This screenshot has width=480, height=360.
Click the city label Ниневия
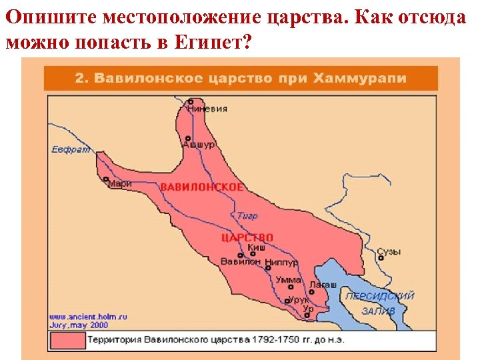(x=207, y=109)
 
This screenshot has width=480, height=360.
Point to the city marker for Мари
(x=106, y=179)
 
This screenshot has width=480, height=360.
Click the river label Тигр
(x=247, y=216)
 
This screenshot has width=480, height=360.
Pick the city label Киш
(x=257, y=247)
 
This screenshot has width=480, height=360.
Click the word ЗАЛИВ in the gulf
(x=378, y=311)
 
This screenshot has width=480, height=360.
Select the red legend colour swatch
(x=67, y=341)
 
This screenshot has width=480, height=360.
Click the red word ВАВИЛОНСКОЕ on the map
(x=201, y=187)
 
